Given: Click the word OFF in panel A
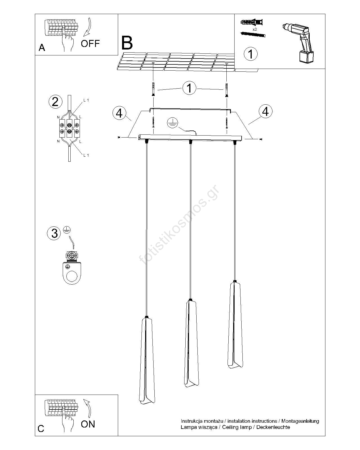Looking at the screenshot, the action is [x=90, y=44].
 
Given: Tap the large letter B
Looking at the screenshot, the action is [x=127, y=43].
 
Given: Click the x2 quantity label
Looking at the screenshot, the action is [x=255, y=30].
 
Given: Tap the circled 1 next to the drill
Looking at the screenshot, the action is [x=251, y=54].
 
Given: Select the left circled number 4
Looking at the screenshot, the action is [x=119, y=113].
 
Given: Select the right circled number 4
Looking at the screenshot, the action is [x=265, y=111].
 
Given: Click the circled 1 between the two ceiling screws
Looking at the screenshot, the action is [x=189, y=88].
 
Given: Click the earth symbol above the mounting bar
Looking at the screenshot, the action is [x=172, y=123].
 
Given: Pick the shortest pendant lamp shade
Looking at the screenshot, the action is [x=235, y=325].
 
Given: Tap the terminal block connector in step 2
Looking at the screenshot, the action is [x=70, y=128].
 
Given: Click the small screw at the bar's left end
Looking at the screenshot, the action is [x=119, y=137].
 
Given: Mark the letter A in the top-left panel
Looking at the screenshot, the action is [x=42, y=48].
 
